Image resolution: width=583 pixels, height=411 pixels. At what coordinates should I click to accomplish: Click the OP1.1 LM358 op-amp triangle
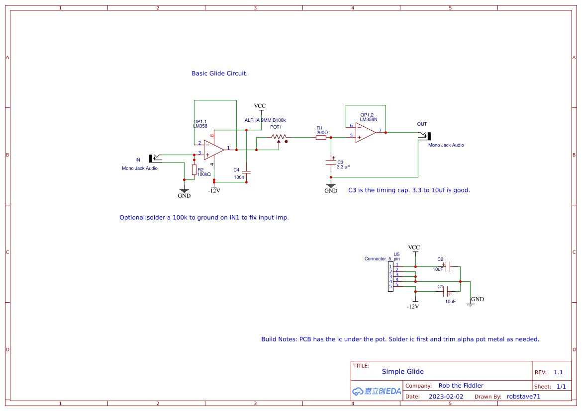coord(213,149)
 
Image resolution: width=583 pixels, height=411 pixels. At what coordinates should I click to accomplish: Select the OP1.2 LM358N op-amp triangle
coord(365,132)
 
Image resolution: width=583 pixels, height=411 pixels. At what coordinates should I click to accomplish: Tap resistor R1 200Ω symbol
coord(321,137)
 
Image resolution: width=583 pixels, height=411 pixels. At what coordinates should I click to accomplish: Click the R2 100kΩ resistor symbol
coord(194,170)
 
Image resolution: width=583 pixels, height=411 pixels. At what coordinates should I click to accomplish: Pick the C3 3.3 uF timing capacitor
coord(331,162)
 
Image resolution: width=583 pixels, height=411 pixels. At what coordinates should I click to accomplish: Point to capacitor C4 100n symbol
coord(247,172)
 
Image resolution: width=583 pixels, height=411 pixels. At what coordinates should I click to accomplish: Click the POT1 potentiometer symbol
coord(279,138)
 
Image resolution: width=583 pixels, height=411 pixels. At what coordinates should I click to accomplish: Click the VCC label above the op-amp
coord(260,106)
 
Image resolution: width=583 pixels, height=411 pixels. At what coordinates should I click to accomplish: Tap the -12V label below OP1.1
coord(214,190)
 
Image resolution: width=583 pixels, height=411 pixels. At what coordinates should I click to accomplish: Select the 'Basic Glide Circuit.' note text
coord(219,74)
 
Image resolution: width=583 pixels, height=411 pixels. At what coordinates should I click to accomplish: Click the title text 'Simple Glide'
coord(402,372)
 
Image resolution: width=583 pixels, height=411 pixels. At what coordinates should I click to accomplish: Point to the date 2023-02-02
coord(446,397)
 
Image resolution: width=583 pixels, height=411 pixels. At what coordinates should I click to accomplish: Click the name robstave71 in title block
coord(523,397)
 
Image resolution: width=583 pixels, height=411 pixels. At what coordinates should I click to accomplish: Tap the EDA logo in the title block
coord(377,391)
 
